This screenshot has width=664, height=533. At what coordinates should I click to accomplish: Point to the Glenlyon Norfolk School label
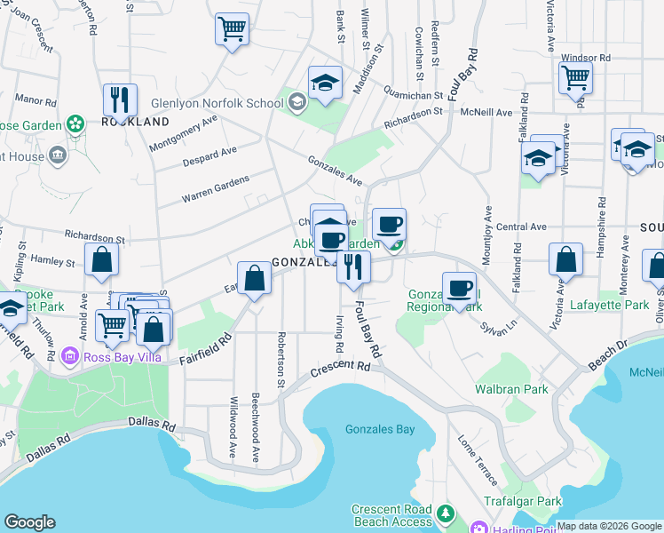(x=217, y=103)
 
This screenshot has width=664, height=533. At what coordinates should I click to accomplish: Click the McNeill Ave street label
(x=486, y=113)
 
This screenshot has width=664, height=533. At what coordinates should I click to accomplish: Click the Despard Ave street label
(x=209, y=158)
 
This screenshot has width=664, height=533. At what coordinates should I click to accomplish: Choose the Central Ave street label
(x=521, y=227)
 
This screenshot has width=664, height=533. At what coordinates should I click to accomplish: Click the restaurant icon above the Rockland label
(x=118, y=99)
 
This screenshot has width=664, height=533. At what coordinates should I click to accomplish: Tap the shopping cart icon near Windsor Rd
(x=575, y=78)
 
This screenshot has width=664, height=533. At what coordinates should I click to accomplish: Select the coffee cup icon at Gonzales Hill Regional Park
(x=458, y=288)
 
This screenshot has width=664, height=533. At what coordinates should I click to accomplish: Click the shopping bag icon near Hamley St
(x=102, y=259)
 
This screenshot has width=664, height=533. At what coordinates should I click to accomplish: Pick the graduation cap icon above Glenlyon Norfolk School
(x=326, y=83)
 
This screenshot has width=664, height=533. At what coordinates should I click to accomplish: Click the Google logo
(x=30, y=522)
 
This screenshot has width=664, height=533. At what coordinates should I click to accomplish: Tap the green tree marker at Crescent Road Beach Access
(x=445, y=513)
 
